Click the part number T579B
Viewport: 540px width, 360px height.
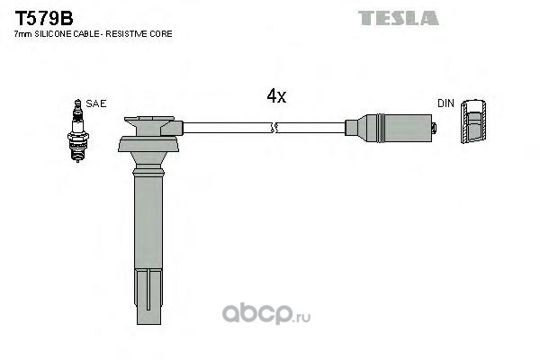(x=44, y=18)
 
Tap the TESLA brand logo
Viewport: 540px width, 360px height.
(x=399, y=18)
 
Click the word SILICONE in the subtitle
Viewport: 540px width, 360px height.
(x=51, y=34)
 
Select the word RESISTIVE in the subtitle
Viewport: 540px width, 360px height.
(x=127, y=34)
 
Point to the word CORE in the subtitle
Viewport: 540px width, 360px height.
(x=161, y=34)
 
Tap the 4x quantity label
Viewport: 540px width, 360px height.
(x=276, y=96)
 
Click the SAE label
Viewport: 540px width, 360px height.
(x=96, y=103)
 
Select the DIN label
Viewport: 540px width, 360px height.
(x=445, y=103)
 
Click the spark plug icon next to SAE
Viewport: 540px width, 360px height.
(x=77, y=130)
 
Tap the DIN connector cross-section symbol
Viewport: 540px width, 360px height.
(x=473, y=121)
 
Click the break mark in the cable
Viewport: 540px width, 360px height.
(x=274, y=128)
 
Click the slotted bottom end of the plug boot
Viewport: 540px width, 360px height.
(x=148, y=297)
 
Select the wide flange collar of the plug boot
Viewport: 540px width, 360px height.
(x=148, y=144)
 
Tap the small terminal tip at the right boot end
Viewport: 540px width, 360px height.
(x=435, y=128)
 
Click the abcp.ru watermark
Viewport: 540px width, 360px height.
(x=266, y=313)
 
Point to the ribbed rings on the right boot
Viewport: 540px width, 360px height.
(x=380, y=128)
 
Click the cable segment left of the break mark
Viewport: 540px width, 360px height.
(x=228, y=128)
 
